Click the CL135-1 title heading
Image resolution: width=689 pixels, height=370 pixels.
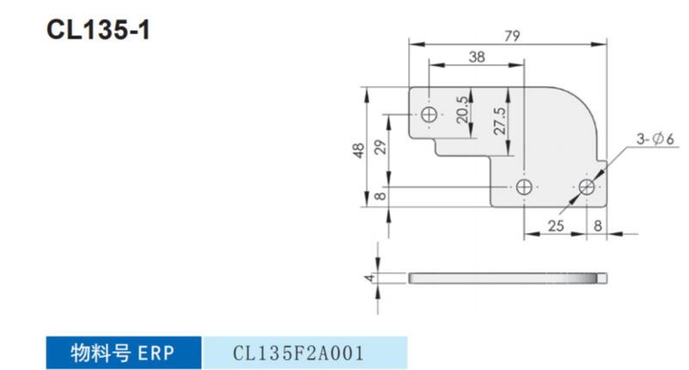click(x=98, y=30)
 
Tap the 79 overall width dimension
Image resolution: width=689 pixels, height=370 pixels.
click(x=512, y=35)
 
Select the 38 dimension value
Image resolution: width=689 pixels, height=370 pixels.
click(x=477, y=57)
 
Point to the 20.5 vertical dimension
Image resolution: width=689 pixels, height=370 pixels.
click(x=462, y=110)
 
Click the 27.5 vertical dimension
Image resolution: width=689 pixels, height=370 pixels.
click(x=500, y=121)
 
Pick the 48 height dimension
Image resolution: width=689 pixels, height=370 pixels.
click(x=358, y=150)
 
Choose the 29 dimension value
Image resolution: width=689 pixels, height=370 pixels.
click(x=381, y=147)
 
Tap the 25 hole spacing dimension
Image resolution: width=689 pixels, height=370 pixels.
click(x=556, y=226)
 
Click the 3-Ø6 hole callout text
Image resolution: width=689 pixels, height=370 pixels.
click(x=655, y=139)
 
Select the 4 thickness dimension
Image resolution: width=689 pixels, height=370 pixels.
click(x=369, y=278)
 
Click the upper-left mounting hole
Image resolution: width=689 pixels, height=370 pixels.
click(x=430, y=114)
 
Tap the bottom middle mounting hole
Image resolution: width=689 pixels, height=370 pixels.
click(x=524, y=187)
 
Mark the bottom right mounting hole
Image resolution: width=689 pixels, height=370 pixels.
click(x=587, y=187)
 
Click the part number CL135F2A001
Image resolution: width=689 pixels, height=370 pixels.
click(x=298, y=353)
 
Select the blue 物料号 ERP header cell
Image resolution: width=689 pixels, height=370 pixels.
click(x=124, y=353)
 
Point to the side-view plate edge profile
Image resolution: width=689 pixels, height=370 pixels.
click(x=508, y=278)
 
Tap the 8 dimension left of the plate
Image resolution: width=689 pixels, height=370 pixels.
click(x=381, y=196)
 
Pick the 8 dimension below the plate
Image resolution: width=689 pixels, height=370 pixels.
click(x=598, y=226)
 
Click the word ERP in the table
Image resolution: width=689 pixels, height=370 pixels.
click(x=156, y=353)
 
